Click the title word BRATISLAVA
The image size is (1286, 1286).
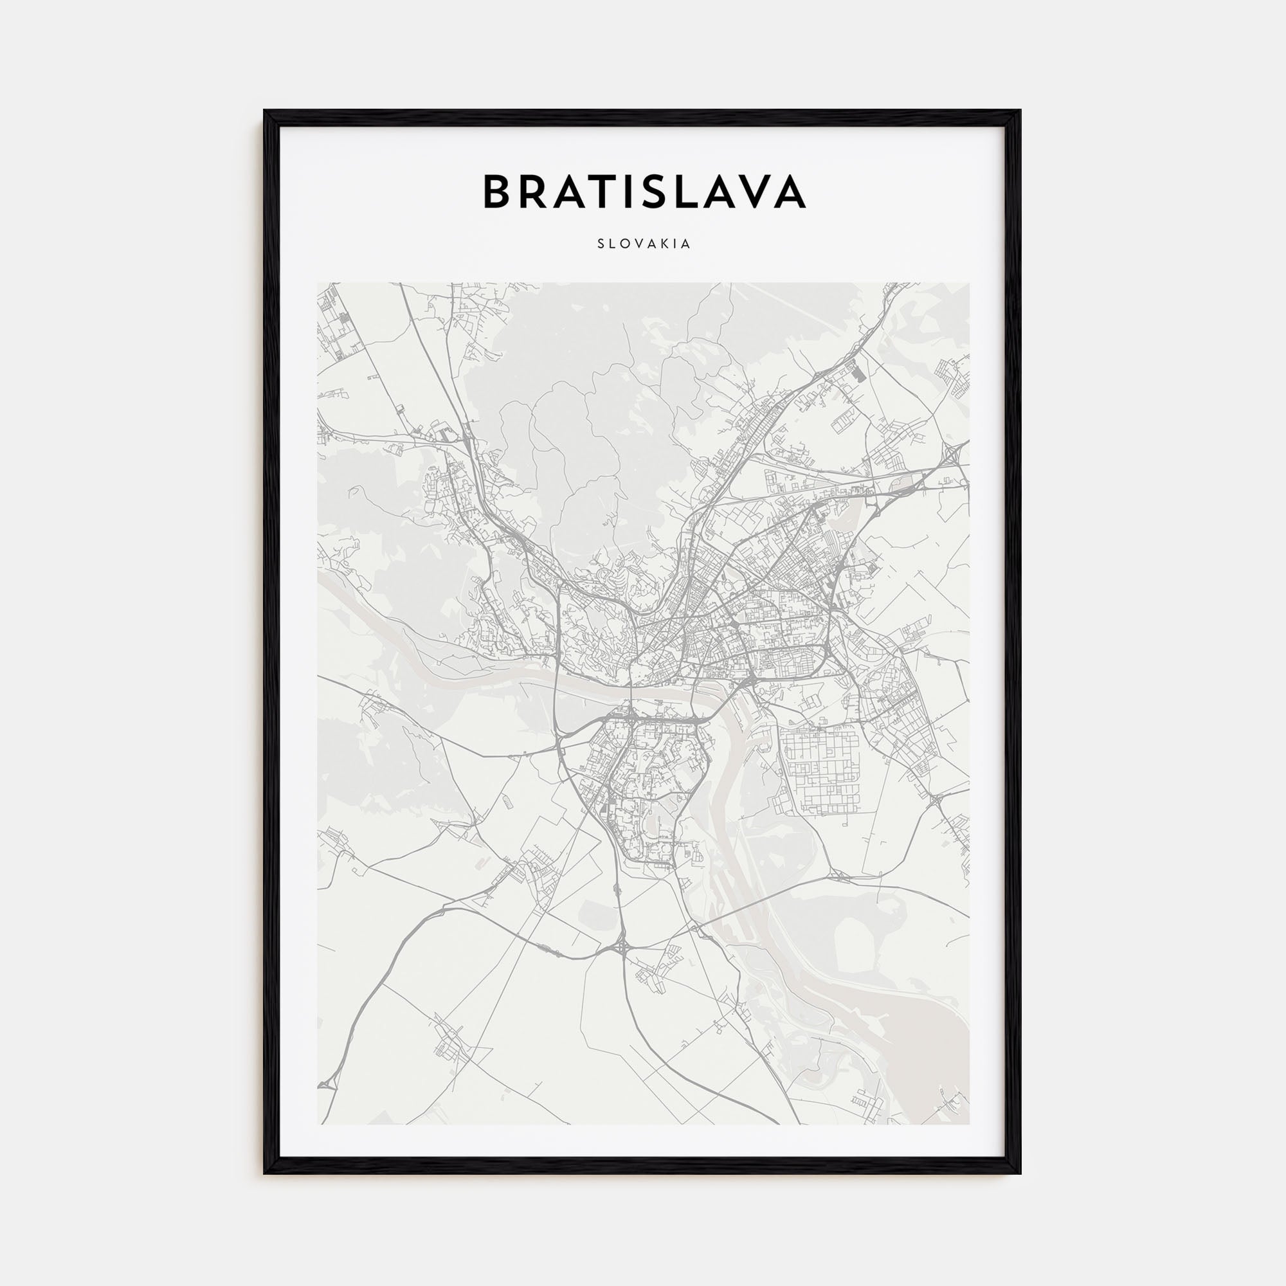644,192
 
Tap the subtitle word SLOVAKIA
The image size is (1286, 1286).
644,244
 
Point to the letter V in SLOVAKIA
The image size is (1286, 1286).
638,244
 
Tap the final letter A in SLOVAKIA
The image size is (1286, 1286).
685,244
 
